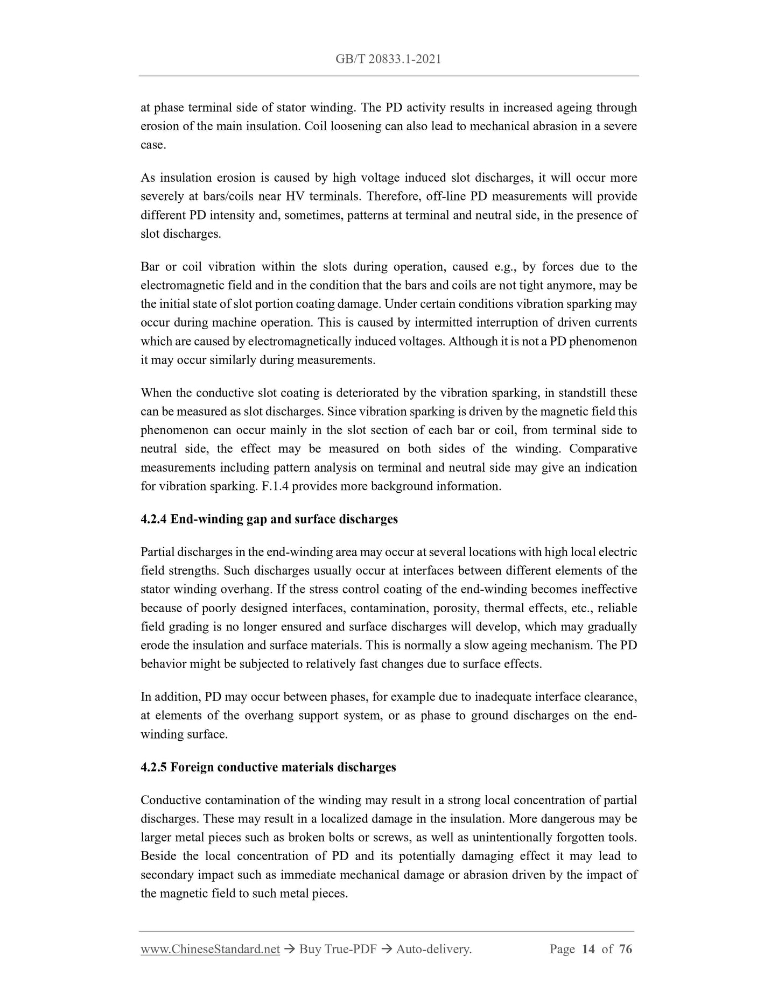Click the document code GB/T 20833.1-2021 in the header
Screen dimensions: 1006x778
click(x=388, y=59)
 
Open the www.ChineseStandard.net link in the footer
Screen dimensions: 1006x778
click(x=210, y=949)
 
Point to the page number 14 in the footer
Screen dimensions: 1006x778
click(x=588, y=949)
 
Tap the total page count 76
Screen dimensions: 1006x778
click(x=626, y=949)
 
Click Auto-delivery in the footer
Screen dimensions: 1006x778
click(x=433, y=949)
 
